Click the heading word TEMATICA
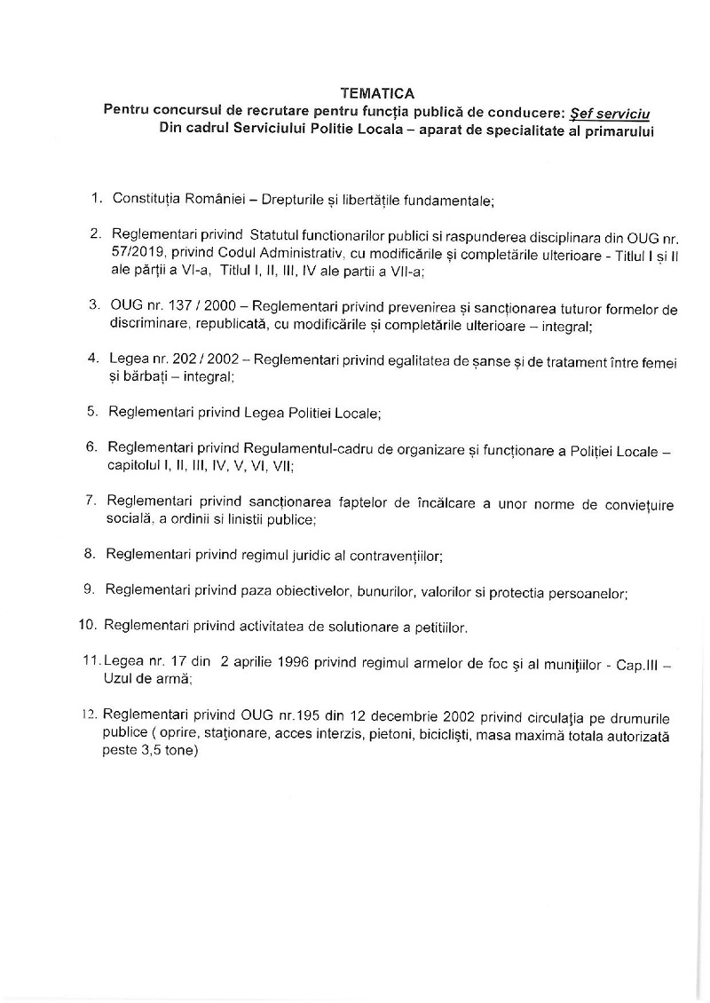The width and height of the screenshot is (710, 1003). [x=377, y=92]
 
